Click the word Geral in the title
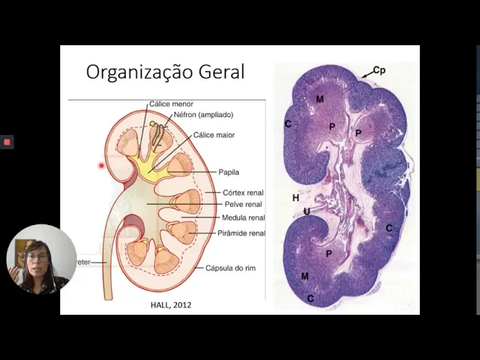coord(221,73)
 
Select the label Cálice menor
coord(171,103)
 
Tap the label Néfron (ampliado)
coord(203,115)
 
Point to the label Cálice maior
coord(214,136)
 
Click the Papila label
coord(229,172)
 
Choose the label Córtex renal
coord(243,193)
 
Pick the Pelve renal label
coord(243,204)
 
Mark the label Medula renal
coord(243,218)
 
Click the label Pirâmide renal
coord(241,233)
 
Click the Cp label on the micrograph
coord(379,70)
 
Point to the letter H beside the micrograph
coord(295,198)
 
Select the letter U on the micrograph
coord(307,211)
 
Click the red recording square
coord(7,142)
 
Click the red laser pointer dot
coord(101,165)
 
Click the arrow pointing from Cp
coord(365,74)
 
